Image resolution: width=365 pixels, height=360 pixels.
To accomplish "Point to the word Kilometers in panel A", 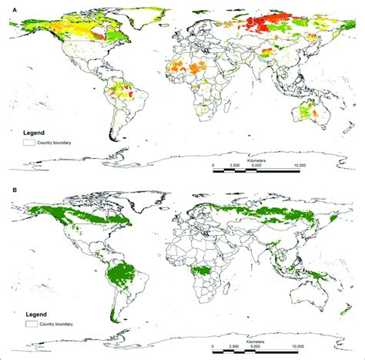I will click(x=259, y=158).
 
